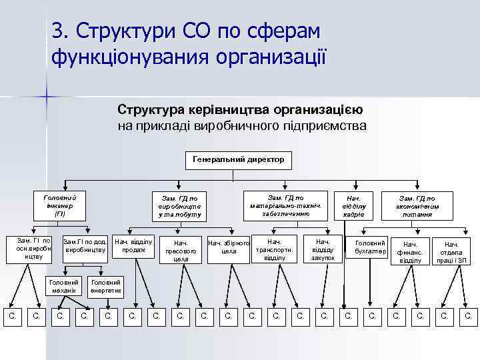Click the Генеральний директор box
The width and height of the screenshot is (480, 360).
point(238,159)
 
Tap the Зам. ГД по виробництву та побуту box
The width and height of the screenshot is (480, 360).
point(180,207)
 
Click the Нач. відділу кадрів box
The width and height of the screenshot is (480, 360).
point(353,207)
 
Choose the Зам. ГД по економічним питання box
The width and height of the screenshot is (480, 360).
point(417,207)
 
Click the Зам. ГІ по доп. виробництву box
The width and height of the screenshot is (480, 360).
point(85,245)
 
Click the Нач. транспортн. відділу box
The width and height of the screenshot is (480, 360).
point(274,249)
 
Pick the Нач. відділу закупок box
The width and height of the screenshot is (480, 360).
point(323,249)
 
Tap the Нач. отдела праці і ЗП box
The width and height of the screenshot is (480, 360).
point(451,252)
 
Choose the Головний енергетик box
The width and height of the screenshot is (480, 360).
point(106,286)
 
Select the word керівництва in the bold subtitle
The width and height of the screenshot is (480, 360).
point(213,109)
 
